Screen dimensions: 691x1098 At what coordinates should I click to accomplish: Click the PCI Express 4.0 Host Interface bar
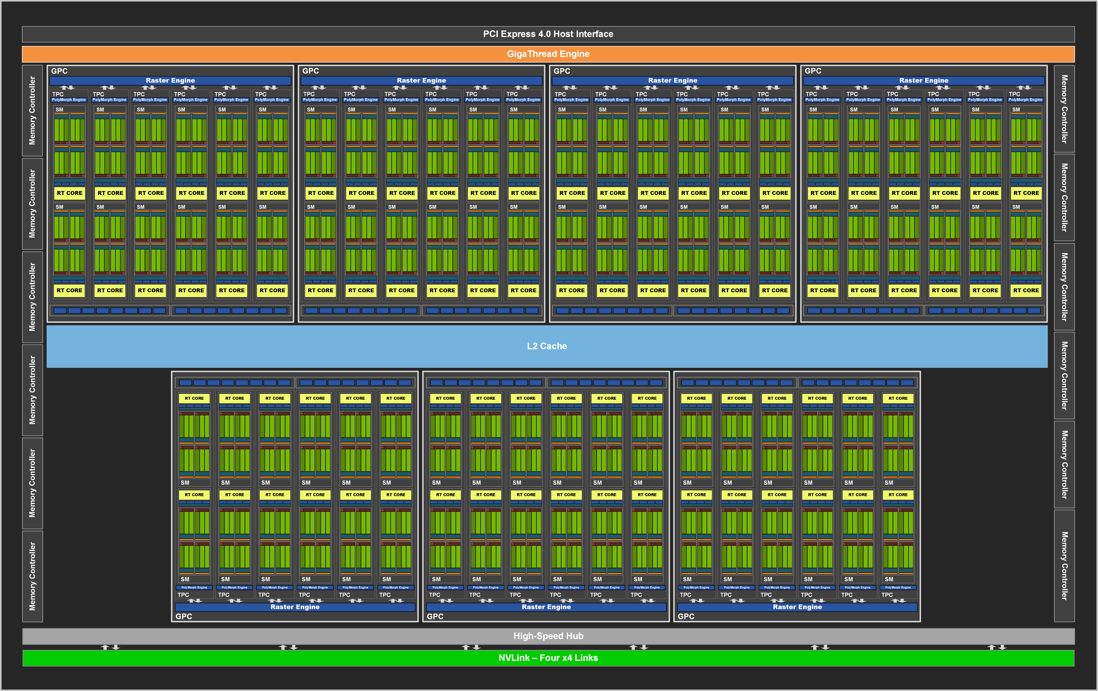pyautogui.click(x=548, y=34)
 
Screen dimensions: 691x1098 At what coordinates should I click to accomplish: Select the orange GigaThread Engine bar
pyautogui.click(x=548, y=54)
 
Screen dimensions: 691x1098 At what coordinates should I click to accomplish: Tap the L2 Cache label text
pyautogui.click(x=547, y=346)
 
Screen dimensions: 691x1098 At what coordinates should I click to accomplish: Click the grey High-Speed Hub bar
pyautogui.click(x=548, y=636)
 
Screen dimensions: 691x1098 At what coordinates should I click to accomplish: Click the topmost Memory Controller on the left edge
pyautogui.click(x=32, y=111)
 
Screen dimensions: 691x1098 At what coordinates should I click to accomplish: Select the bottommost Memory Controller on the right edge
pyautogui.click(x=1064, y=566)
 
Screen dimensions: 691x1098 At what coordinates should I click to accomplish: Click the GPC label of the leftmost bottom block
pyautogui.click(x=184, y=616)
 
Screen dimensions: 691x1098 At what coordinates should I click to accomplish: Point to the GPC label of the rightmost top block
pyautogui.click(x=813, y=71)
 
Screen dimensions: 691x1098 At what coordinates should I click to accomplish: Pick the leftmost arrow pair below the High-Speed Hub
pyautogui.click(x=110, y=647)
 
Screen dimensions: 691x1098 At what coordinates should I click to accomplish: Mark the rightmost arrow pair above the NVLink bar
pyautogui.click(x=997, y=647)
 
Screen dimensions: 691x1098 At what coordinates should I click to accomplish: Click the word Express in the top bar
pyautogui.click(x=517, y=34)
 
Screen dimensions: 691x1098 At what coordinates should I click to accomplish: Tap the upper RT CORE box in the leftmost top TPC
pyautogui.click(x=69, y=193)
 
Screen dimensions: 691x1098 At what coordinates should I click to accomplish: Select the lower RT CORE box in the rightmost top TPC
pyautogui.click(x=1026, y=290)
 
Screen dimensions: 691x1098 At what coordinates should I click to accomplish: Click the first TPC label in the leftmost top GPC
pyautogui.click(x=58, y=94)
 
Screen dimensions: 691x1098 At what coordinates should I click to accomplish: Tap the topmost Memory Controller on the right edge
pyautogui.click(x=1064, y=109)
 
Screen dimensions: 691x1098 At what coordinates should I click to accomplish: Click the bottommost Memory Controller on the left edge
pyautogui.click(x=32, y=576)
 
